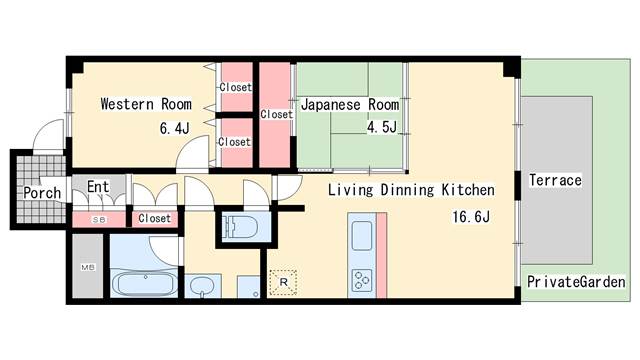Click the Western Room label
tap(146, 104)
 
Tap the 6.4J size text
tap(175, 128)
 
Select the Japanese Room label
tap(350, 104)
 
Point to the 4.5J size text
tap(382, 127)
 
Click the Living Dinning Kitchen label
tap(411, 190)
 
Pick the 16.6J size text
tap(471, 216)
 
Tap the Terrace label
tap(555, 180)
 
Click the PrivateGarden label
tap(576, 282)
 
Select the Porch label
tap(42, 193)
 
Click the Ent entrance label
tap(98, 187)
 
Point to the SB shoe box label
tap(99, 220)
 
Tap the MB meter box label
tap(88, 267)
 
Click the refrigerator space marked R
tap(283, 282)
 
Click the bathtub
tap(144, 283)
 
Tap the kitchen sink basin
tap(362, 236)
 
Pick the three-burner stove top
tap(362, 280)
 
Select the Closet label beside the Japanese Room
tap(276, 114)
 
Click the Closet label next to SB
tap(154, 218)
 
